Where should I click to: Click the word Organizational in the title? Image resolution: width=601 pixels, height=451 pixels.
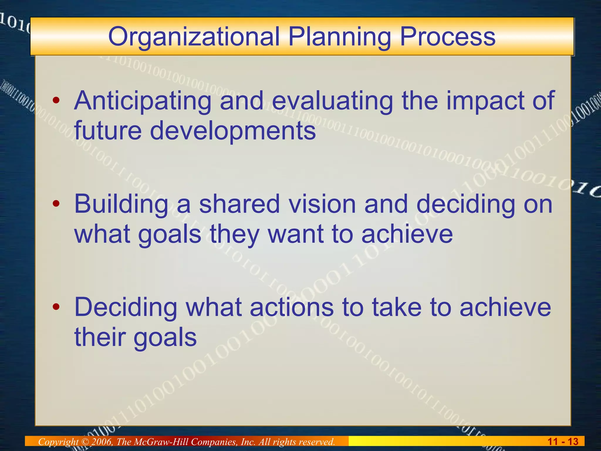[194, 37]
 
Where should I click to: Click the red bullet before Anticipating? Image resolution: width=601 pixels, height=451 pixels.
[56, 101]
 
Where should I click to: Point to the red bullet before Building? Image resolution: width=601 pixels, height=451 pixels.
[56, 204]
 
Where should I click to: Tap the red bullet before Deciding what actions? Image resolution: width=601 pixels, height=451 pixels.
[56, 307]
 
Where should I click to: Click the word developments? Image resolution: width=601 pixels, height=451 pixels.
[233, 131]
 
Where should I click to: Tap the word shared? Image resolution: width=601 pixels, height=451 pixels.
[239, 204]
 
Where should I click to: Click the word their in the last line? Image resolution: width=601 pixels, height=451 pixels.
[100, 337]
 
